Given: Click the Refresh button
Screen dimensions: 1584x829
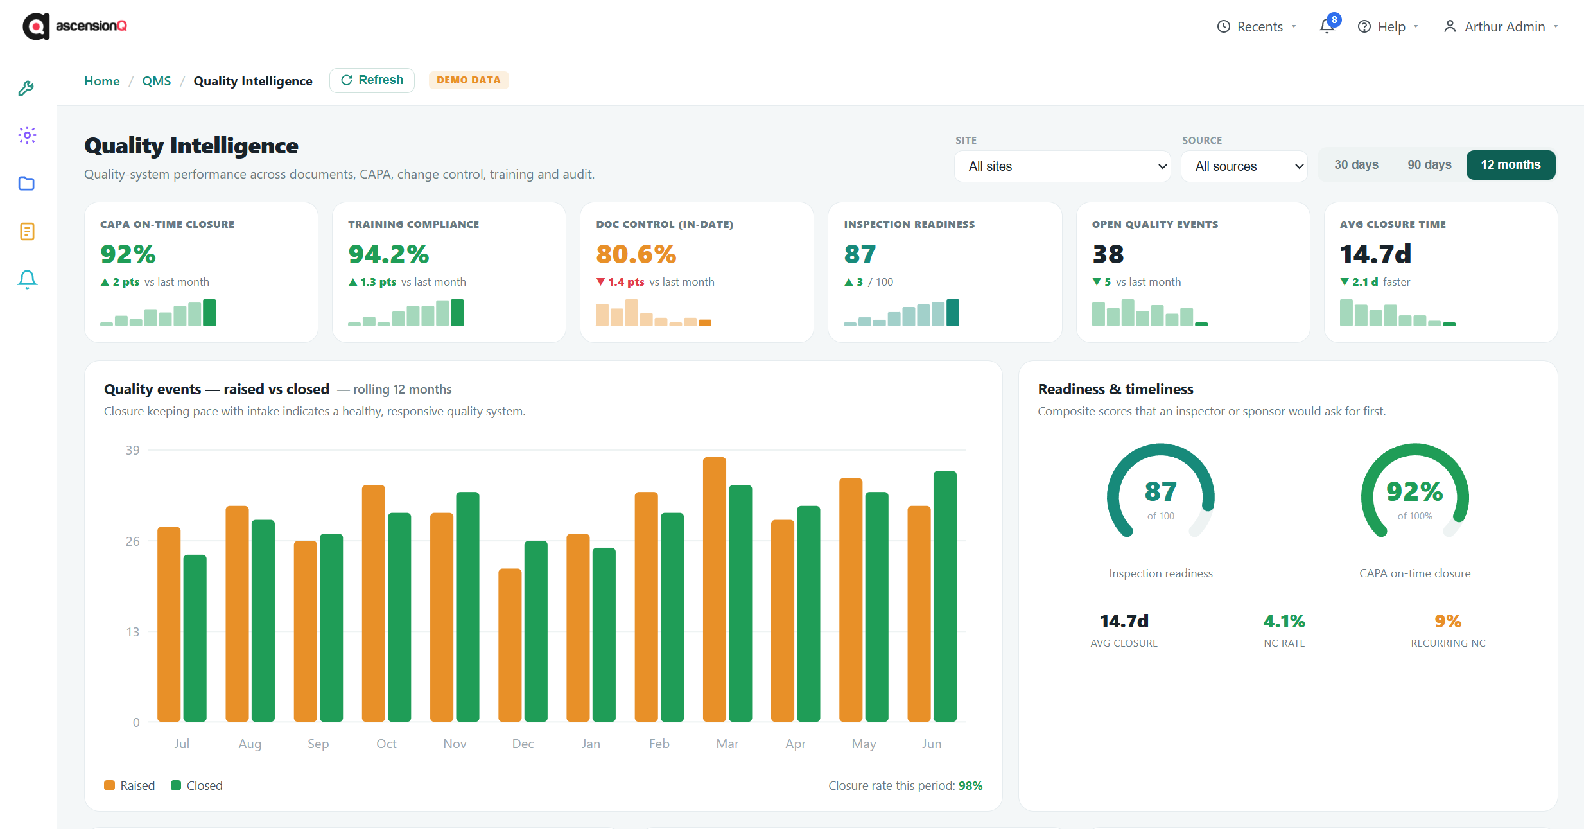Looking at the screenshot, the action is click(x=372, y=80).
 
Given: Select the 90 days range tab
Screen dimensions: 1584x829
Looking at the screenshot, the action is click(x=1429, y=165).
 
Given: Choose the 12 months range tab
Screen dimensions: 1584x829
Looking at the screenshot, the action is click(x=1510, y=165).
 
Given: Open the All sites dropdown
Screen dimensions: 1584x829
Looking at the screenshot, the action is click(x=1062, y=166).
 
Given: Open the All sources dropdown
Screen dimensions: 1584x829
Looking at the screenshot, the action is click(x=1244, y=166).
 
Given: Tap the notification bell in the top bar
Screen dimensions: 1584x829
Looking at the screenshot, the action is click(x=1327, y=26).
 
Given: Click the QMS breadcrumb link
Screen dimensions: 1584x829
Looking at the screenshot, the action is click(x=157, y=81).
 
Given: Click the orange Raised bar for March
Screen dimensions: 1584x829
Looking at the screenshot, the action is click(x=714, y=589).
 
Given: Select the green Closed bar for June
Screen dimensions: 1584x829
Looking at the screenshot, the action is click(x=944, y=597).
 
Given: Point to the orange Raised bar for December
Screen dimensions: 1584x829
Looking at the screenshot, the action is click(x=510, y=645).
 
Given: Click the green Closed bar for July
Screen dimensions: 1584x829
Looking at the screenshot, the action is click(x=195, y=638).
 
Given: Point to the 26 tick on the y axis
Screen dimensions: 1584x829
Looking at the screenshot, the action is click(x=132, y=541).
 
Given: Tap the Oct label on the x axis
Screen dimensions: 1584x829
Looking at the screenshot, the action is click(x=387, y=744).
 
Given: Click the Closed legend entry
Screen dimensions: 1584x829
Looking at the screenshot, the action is click(x=196, y=785).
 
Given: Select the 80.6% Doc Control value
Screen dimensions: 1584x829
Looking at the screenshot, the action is click(x=636, y=254).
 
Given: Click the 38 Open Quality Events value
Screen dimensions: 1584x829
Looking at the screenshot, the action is click(x=1108, y=254).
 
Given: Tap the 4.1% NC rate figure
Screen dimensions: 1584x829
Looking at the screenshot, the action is click(x=1284, y=621).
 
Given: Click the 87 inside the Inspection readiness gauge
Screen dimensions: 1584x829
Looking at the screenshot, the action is click(x=1160, y=492).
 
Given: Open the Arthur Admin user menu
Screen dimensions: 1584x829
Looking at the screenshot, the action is click(x=1501, y=27).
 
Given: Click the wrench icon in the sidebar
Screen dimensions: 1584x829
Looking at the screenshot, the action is click(x=26, y=88).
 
